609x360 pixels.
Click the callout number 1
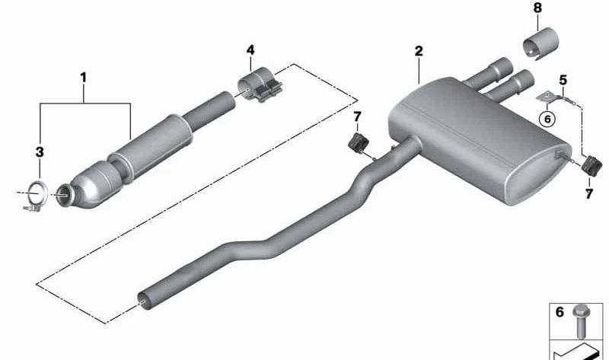coord(84,76)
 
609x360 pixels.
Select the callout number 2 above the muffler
coord(419,51)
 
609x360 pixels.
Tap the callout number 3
coord(40,152)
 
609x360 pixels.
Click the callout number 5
coord(563,78)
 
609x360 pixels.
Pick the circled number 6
coord(544,118)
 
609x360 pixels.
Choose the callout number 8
coord(537,9)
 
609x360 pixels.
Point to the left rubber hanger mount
coord(356,142)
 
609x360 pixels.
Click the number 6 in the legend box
coord(558,311)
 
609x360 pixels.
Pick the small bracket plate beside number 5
coord(548,95)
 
